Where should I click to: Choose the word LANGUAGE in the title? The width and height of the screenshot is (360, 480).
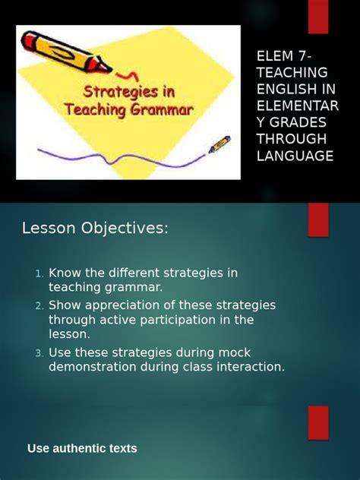(295, 156)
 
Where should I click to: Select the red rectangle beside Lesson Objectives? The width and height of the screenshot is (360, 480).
(317, 219)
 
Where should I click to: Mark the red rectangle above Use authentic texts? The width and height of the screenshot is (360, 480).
(317, 422)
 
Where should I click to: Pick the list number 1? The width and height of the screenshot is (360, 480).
(39, 273)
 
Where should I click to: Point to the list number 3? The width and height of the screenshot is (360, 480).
(39, 353)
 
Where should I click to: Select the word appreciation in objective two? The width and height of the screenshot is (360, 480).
(116, 305)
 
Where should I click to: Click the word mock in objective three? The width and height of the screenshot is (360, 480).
(235, 352)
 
